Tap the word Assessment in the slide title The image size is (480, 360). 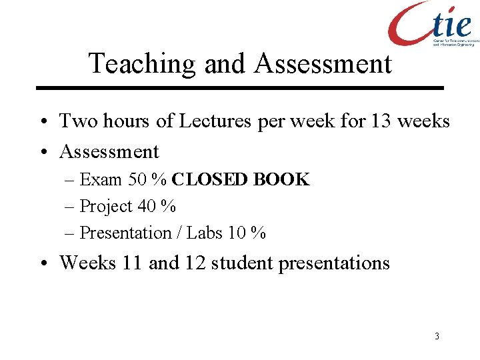[x=323, y=64]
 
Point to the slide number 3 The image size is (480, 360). [x=437, y=336]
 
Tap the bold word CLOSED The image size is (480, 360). [x=212, y=180]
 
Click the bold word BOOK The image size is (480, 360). [x=284, y=180]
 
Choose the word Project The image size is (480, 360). [x=106, y=207]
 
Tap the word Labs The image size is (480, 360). [x=205, y=233]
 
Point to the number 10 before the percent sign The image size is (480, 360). [x=237, y=233]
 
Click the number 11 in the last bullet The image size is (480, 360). [x=132, y=263]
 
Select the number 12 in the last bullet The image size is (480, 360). [x=193, y=263]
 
